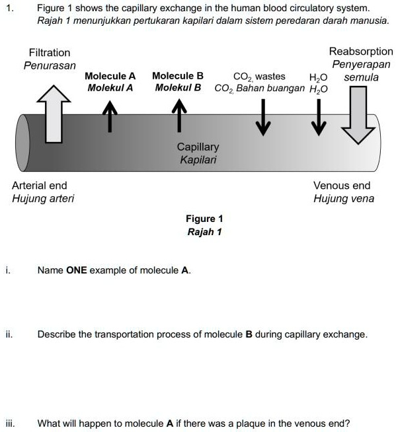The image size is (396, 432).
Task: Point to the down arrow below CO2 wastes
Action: pyautogui.click(x=264, y=118)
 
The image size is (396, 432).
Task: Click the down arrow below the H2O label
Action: pyautogui.click(x=320, y=118)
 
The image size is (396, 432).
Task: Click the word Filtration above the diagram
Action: pyautogui.click(x=50, y=52)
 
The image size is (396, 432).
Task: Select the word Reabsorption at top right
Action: pyautogui.click(x=361, y=52)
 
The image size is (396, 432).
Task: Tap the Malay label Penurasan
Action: pyautogui.click(x=50, y=65)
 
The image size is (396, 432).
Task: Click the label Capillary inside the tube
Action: pyautogui.click(x=198, y=147)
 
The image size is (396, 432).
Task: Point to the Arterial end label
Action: pyautogui.click(x=40, y=186)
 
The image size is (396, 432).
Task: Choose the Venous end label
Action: pyautogui.click(x=342, y=186)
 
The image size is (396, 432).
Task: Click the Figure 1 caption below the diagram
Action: pyautogui.click(x=204, y=219)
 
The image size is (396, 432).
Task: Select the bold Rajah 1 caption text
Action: pyautogui.click(x=204, y=232)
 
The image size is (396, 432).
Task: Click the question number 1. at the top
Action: pyautogui.click(x=9, y=8)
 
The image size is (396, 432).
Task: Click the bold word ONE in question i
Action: pyautogui.click(x=77, y=270)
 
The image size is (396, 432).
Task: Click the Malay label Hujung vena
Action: pyautogui.click(x=343, y=199)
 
